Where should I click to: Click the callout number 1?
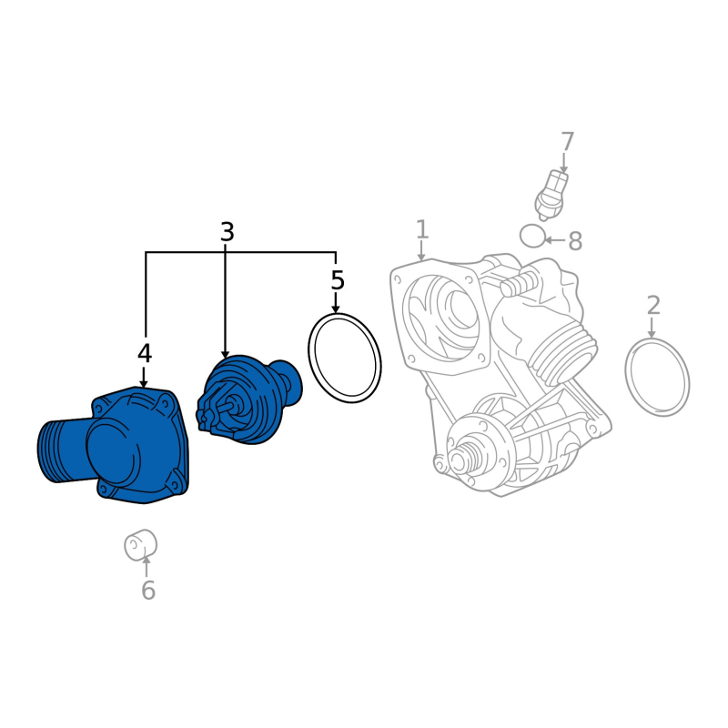(421, 230)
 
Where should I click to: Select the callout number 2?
(653, 306)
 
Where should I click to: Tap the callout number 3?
(227, 232)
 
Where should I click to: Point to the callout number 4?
(145, 354)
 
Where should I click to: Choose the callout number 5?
(338, 280)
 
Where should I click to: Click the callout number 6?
(148, 590)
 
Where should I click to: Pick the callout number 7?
(567, 142)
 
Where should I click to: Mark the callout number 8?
(575, 241)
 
